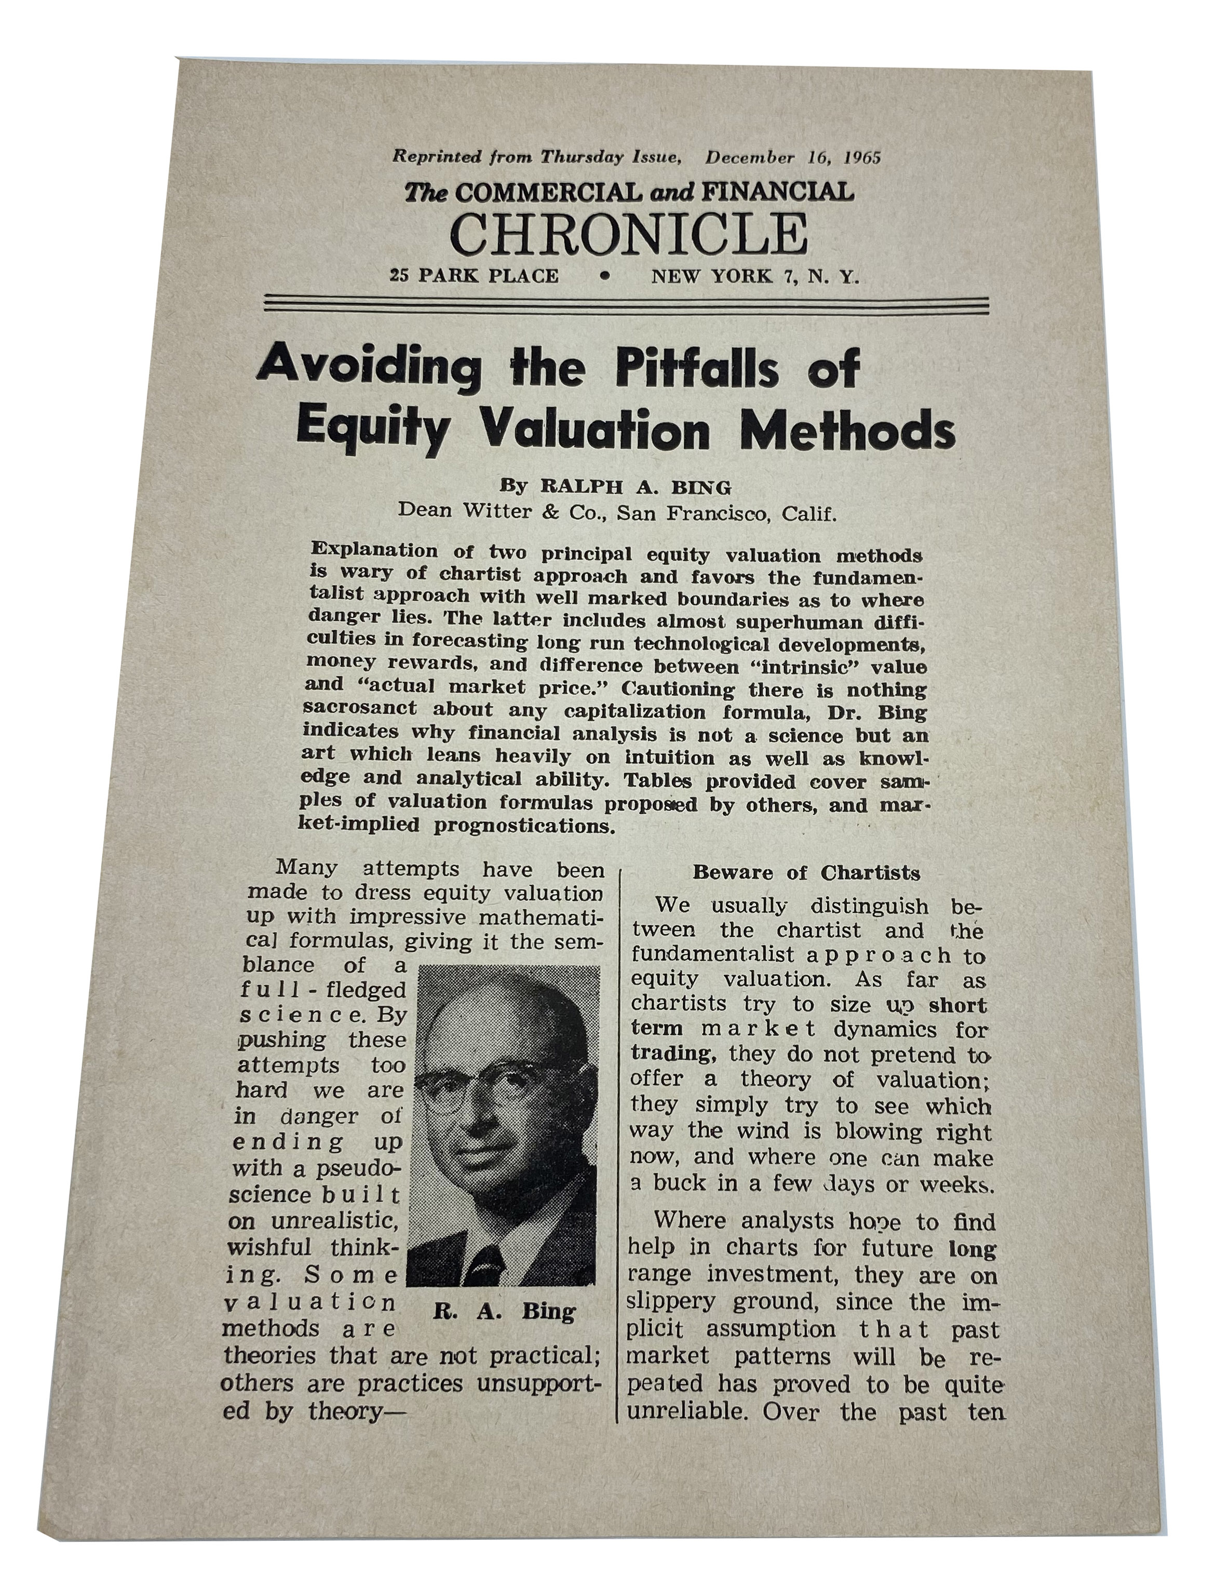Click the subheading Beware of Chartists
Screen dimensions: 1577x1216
coord(806,873)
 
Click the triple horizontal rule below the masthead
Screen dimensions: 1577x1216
coord(627,303)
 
